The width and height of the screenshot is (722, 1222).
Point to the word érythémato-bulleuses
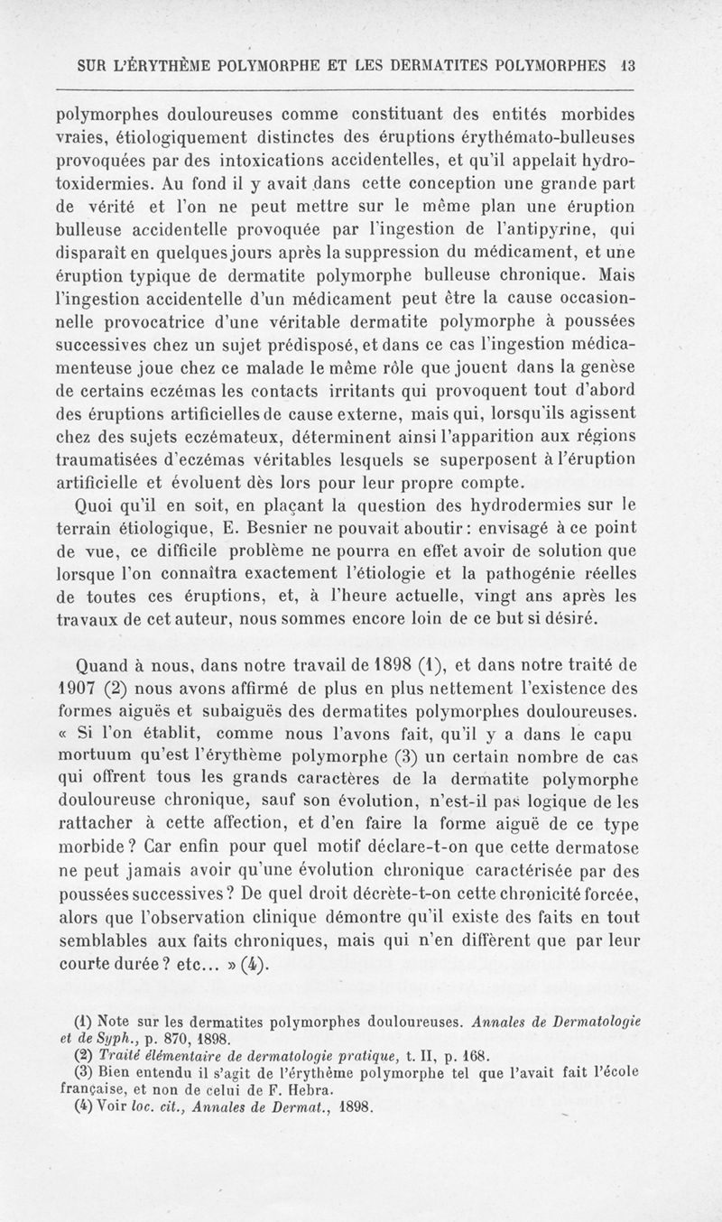point(551,137)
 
